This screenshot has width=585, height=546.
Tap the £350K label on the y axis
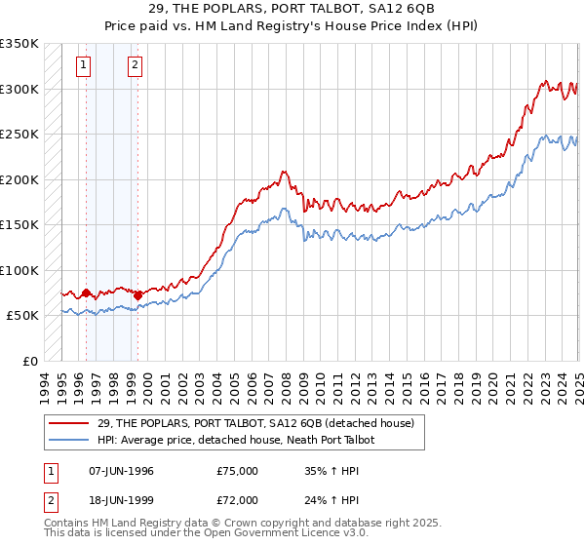point(19,44)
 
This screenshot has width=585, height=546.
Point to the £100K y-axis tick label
point(19,270)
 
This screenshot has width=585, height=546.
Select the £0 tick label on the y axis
point(30,361)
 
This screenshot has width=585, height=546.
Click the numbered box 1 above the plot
point(84,66)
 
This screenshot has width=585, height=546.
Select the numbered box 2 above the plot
point(135,66)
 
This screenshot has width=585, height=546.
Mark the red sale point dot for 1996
point(86,292)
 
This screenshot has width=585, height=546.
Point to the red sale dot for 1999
point(137,295)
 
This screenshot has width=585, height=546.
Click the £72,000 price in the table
point(238,499)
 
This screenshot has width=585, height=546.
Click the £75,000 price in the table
point(238,471)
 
